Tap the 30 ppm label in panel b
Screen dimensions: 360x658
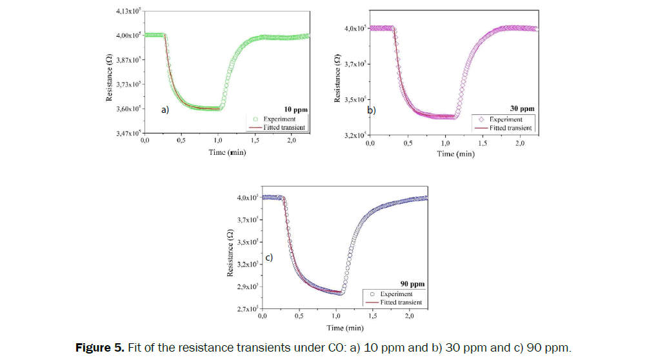523,109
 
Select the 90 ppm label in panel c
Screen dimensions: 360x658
412,283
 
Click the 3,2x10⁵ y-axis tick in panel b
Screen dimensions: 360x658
355,136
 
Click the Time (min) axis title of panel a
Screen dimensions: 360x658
226,152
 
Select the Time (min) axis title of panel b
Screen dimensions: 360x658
455,154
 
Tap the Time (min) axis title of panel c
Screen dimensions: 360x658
344,328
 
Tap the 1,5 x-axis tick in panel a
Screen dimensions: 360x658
254,141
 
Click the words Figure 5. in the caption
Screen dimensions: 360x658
100,348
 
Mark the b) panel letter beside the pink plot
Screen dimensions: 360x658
371,110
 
